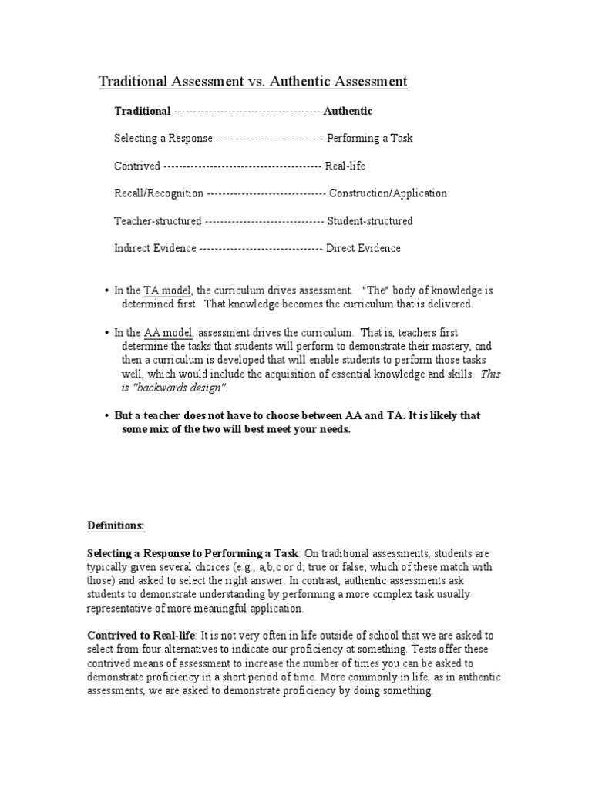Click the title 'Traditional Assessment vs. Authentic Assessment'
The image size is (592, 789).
coord(253,82)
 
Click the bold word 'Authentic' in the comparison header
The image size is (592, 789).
coord(348,111)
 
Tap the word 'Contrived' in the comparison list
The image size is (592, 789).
coord(137,166)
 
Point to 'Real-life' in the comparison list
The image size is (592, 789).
coord(345,166)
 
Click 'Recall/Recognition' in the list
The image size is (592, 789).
coord(159,193)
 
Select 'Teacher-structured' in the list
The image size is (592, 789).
coord(158,221)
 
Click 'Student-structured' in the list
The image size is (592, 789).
coord(370,221)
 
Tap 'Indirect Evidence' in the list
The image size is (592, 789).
coord(155,248)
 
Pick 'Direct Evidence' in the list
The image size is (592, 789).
coord(363,248)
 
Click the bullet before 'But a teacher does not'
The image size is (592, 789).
coord(106,415)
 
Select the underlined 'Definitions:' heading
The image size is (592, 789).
coord(116,526)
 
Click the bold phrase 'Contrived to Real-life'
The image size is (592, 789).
coord(142,636)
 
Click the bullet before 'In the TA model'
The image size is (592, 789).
coord(106,290)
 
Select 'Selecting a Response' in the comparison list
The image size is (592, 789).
coord(163,139)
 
